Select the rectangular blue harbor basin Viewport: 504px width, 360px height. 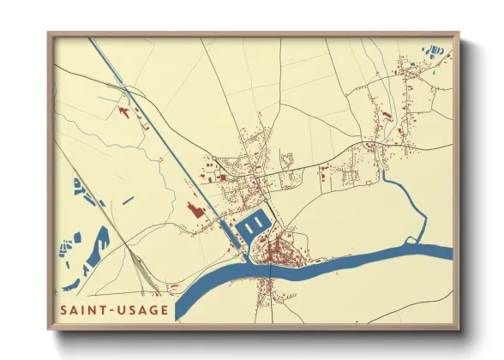point(255,226)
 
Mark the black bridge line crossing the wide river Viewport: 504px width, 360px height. point(271,273)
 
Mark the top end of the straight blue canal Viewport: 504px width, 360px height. point(89,39)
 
